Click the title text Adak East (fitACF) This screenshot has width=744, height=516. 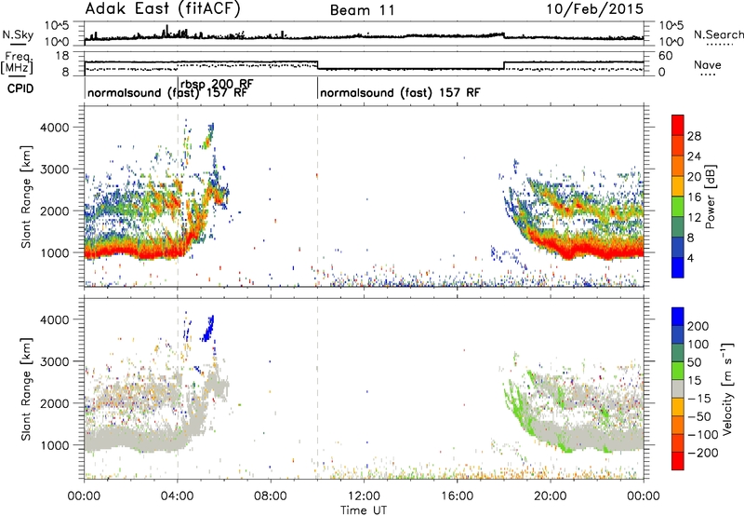coord(163,9)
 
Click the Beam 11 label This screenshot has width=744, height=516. coord(363,10)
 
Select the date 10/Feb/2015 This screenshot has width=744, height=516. coord(595,9)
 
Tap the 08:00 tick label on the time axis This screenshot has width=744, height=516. coord(271,496)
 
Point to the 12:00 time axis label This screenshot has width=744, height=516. coord(364,496)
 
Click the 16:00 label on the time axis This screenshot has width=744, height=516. coord(457,496)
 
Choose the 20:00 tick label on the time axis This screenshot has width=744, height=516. coord(551,496)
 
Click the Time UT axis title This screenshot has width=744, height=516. coord(364,509)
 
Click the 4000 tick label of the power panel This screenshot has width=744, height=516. coord(55,128)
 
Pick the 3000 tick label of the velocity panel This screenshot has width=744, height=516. coord(55,361)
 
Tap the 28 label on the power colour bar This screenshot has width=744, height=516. coord(694,136)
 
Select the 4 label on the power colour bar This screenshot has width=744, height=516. coord(691,259)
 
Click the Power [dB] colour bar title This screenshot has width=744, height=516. coord(711,197)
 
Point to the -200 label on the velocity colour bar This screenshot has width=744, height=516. coord(703,453)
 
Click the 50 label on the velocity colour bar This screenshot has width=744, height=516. coord(694,362)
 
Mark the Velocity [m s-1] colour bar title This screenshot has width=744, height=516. coord(727,388)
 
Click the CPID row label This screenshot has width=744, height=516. coord(20,88)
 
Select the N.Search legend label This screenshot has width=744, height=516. coord(718,34)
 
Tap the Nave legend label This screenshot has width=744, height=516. coord(708,64)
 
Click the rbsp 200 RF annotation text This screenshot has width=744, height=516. coord(217,84)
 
